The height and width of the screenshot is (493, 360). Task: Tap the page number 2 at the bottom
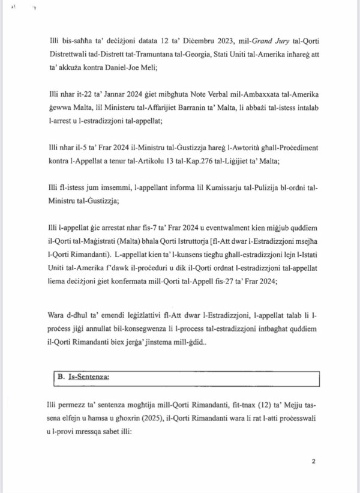click(313, 462)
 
